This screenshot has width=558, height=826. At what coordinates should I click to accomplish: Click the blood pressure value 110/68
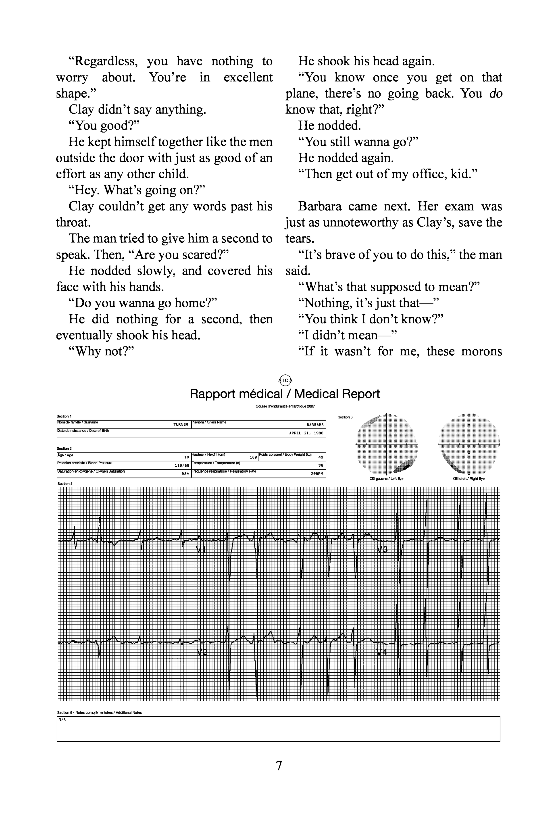182,465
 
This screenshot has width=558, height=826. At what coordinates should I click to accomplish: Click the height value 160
253,457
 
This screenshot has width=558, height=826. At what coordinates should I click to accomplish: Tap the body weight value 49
321,457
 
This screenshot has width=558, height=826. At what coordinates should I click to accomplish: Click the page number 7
279,766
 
